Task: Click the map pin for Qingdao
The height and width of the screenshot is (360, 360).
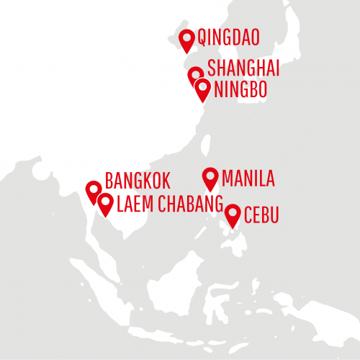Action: tap(187, 40)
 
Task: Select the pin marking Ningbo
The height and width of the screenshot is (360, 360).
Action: tap(203, 89)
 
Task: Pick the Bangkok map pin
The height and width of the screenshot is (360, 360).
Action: tap(93, 190)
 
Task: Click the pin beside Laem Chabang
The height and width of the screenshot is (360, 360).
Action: tap(105, 204)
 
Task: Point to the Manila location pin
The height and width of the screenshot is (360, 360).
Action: tap(210, 177)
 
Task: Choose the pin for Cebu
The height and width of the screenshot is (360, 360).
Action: tap(233, 214)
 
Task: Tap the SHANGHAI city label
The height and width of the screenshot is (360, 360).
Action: tap(243, 69)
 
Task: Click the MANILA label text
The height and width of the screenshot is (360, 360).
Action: tap(248, 178)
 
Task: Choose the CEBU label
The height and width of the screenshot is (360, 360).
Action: tap(261, 215)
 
